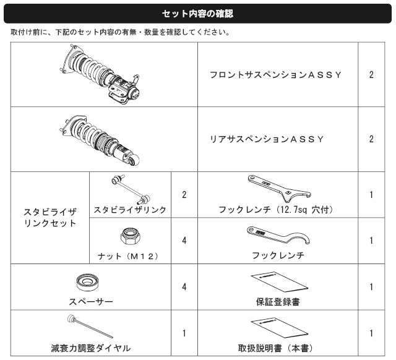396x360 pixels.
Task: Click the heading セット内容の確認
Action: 197,14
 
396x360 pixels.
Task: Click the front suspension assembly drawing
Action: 100,74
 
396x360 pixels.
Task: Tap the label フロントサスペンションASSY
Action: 275,75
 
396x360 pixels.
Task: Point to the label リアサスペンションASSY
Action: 267,139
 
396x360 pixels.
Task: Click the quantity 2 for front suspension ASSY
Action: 371,75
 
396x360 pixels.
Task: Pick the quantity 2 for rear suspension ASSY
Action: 371,139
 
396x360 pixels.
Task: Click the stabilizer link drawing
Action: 131,189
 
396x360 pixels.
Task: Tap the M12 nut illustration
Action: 131,236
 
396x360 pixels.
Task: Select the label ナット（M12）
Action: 128,256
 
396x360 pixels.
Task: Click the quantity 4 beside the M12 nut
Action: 184,241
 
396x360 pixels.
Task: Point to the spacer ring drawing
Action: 87,282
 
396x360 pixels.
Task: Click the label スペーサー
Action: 91,302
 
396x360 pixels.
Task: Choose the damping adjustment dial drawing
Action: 90,326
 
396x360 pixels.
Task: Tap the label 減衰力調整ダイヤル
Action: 91,348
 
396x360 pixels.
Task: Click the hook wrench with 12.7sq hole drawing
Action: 279,189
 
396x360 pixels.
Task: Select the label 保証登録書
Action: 278,302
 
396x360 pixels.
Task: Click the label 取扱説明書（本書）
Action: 275,348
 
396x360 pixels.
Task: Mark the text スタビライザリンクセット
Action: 50,218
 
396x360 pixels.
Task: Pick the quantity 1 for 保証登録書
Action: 371,287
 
